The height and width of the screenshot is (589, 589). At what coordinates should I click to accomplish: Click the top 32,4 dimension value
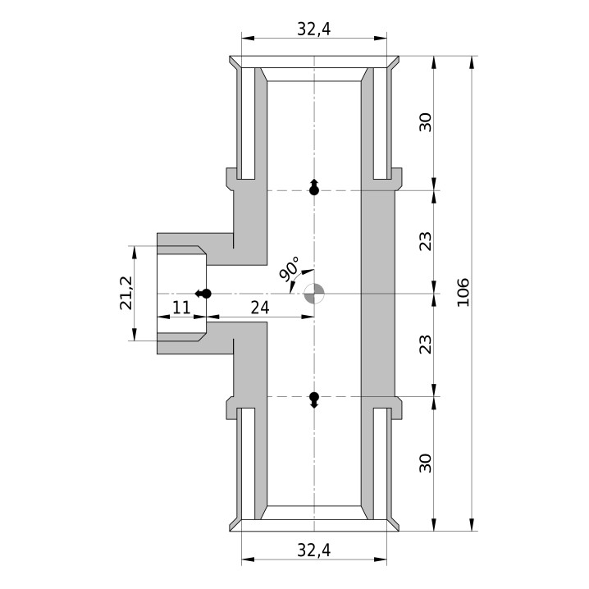tap(313, 29)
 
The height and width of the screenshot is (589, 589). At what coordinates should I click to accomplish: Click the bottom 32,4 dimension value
tap(313, 550)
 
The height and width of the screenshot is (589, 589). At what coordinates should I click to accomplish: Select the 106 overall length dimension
tap(463, 292)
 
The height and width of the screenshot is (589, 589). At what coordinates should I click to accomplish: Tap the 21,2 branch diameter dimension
tap(126, 293)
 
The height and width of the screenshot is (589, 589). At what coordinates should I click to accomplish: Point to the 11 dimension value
tap(181, 308)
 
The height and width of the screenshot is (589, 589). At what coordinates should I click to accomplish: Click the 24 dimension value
tap(260, 308)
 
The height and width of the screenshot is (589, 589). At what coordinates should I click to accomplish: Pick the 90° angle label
tap(290, 268)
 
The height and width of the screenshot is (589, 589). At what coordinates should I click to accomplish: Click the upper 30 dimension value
tap(426, 122)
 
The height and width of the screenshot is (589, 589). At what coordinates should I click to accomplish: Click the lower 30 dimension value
tap(426, 463)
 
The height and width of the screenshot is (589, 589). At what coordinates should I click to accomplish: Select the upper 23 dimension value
tap(426, 241)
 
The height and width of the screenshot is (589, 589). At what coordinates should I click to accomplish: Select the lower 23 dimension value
tap(426, 344)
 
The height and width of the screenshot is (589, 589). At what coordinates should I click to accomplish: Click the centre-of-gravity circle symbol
tap(314, 294)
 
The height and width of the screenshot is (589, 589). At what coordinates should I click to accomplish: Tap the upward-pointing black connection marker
tap(314, 187)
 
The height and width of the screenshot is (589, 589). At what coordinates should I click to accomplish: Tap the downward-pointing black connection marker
tap(314, 400)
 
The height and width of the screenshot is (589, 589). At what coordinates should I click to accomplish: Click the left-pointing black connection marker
tap(203, 294)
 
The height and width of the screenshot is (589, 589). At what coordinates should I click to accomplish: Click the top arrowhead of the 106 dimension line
tap(472, 62)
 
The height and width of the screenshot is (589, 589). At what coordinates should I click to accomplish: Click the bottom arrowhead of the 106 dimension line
tap(472, 524)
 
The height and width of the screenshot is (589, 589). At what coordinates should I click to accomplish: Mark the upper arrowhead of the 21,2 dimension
tap(135, 253)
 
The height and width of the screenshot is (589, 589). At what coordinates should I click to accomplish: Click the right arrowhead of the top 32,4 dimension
tap(380, 38)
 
